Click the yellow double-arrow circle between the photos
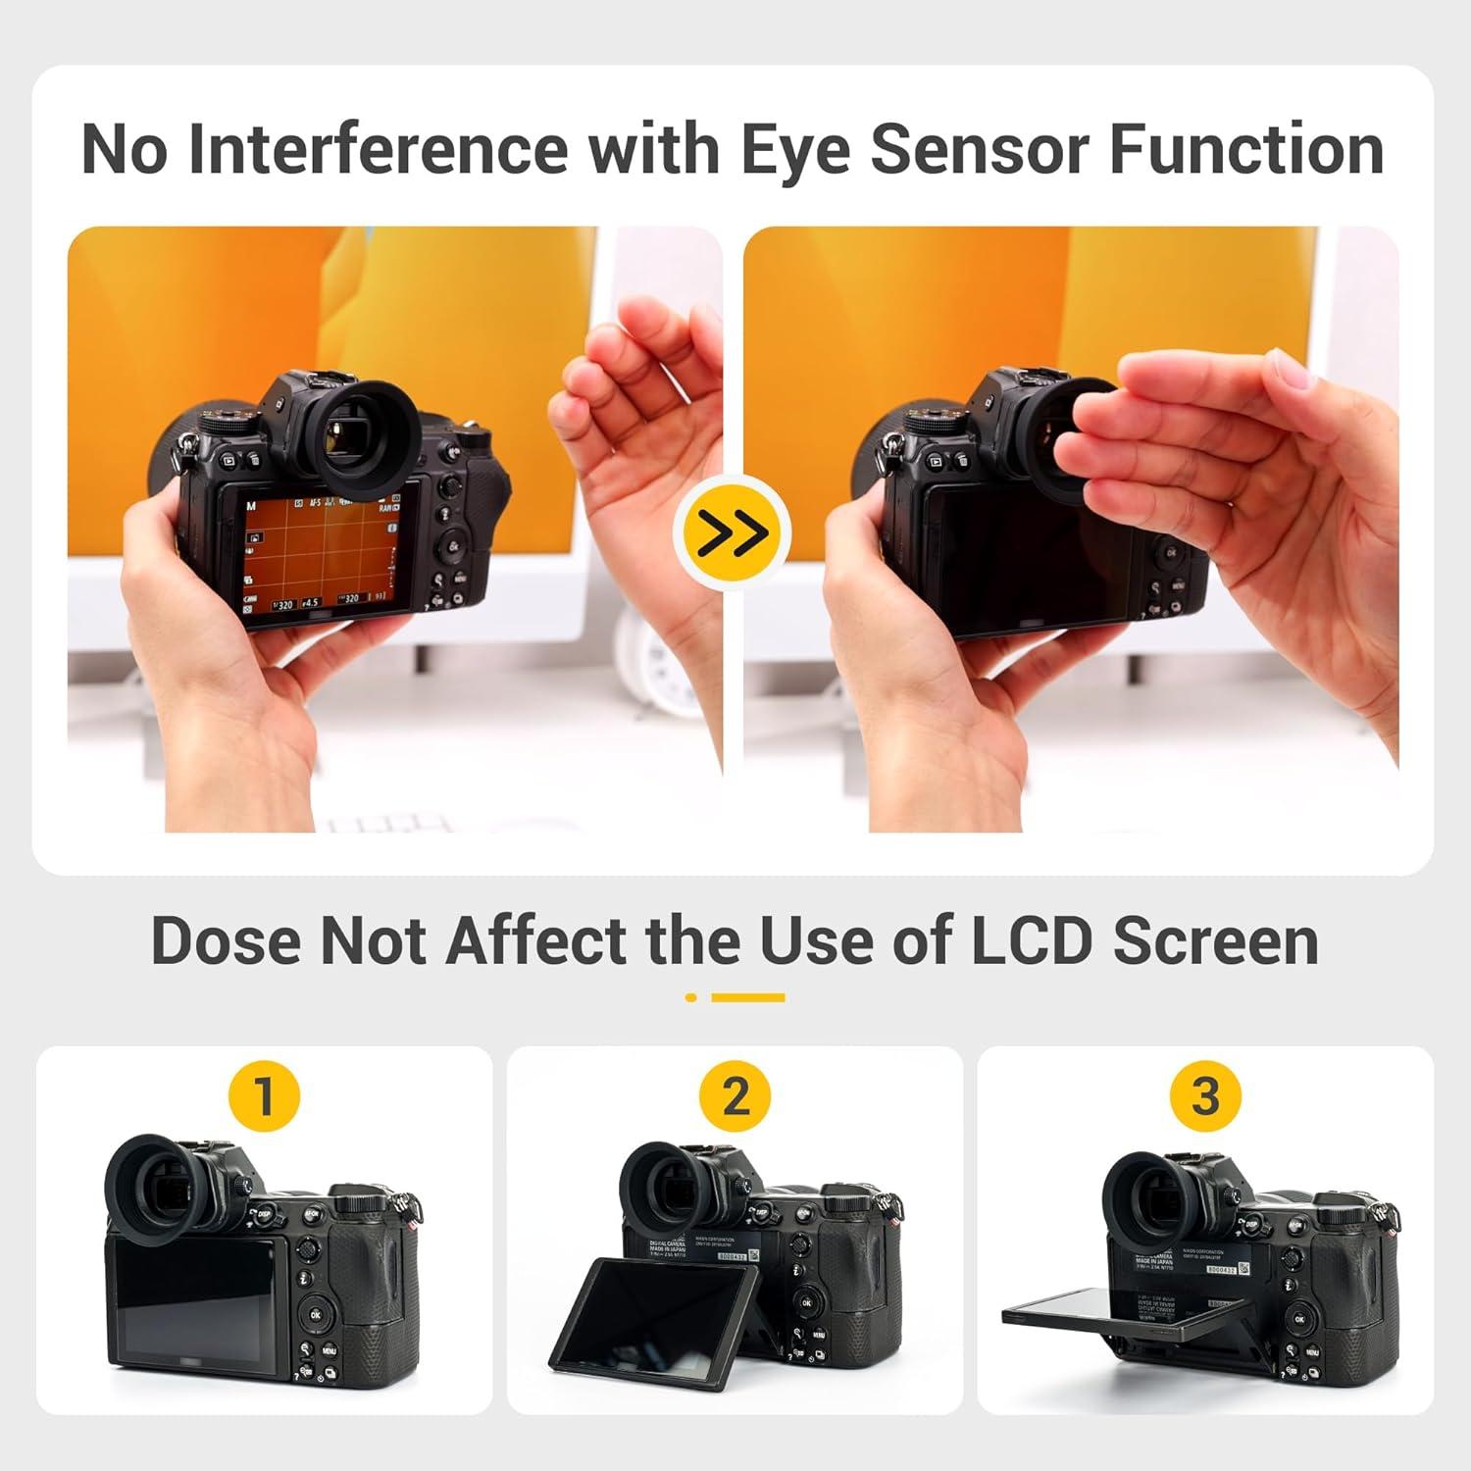pos(733,533)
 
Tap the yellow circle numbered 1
pos(264,1095)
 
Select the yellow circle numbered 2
pos(735,1095)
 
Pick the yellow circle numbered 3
pos(1205,1095)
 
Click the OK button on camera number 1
pos(316,1314)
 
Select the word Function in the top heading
pos(1246,149)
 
